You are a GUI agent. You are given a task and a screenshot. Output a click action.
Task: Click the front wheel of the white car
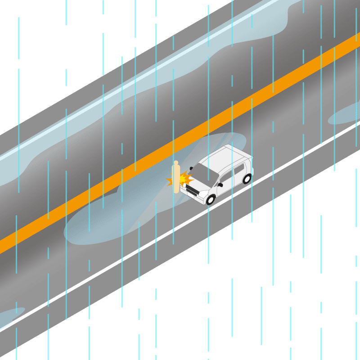[x=211, y=199]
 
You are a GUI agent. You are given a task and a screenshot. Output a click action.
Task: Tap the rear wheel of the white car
[x=247, y=179]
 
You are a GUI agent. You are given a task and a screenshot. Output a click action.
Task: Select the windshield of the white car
[x=205, y=173]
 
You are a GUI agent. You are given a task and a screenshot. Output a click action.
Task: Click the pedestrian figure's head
[x=176, y=163]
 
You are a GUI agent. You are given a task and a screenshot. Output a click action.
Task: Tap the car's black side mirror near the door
[x=220, y=184]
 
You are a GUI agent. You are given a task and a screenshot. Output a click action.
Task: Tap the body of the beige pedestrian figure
[x=176, y=178]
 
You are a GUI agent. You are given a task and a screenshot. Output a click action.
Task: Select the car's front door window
[x=226, y=176]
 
